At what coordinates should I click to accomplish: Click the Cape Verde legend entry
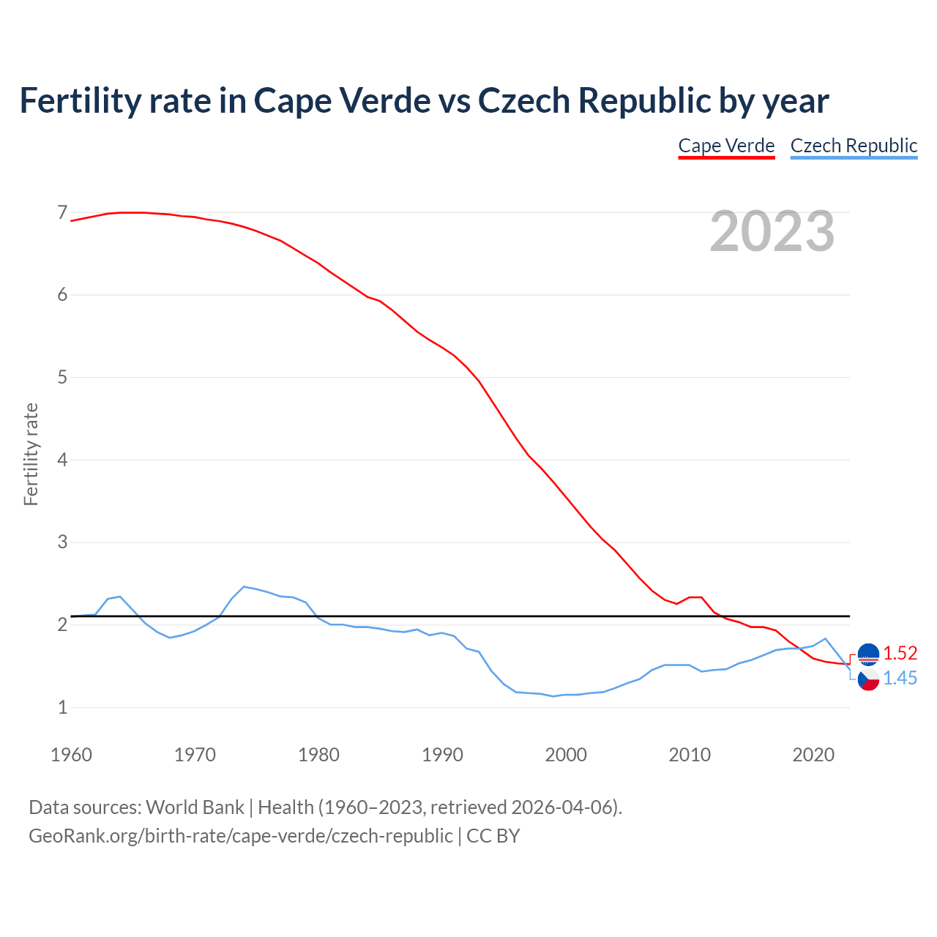(726, 146)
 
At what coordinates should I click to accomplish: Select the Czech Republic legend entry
(854, 146)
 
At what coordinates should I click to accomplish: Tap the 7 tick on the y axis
(62, 213)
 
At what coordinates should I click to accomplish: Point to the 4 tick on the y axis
(62, 460)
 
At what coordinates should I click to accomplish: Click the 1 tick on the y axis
(62, 707)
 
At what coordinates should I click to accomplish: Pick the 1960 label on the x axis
(71, 755)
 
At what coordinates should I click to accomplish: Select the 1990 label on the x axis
(442, 755)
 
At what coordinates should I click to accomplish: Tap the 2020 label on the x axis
(813, 755)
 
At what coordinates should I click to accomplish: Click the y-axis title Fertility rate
(31, 454)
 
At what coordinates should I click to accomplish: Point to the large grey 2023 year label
(772, 231)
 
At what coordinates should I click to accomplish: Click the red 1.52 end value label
(900, 653)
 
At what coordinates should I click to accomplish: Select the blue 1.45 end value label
(900, 679)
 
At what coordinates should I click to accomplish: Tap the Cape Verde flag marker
(868, 654)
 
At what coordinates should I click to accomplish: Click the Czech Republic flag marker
(868, 679)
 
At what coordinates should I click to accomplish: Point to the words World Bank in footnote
(195, 807)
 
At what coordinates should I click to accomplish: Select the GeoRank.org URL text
(240, 836)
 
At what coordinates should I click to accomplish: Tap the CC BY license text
(493, 836)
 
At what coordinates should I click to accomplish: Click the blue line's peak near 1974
(244, 586)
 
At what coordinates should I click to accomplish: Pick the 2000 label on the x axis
(566, 755)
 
